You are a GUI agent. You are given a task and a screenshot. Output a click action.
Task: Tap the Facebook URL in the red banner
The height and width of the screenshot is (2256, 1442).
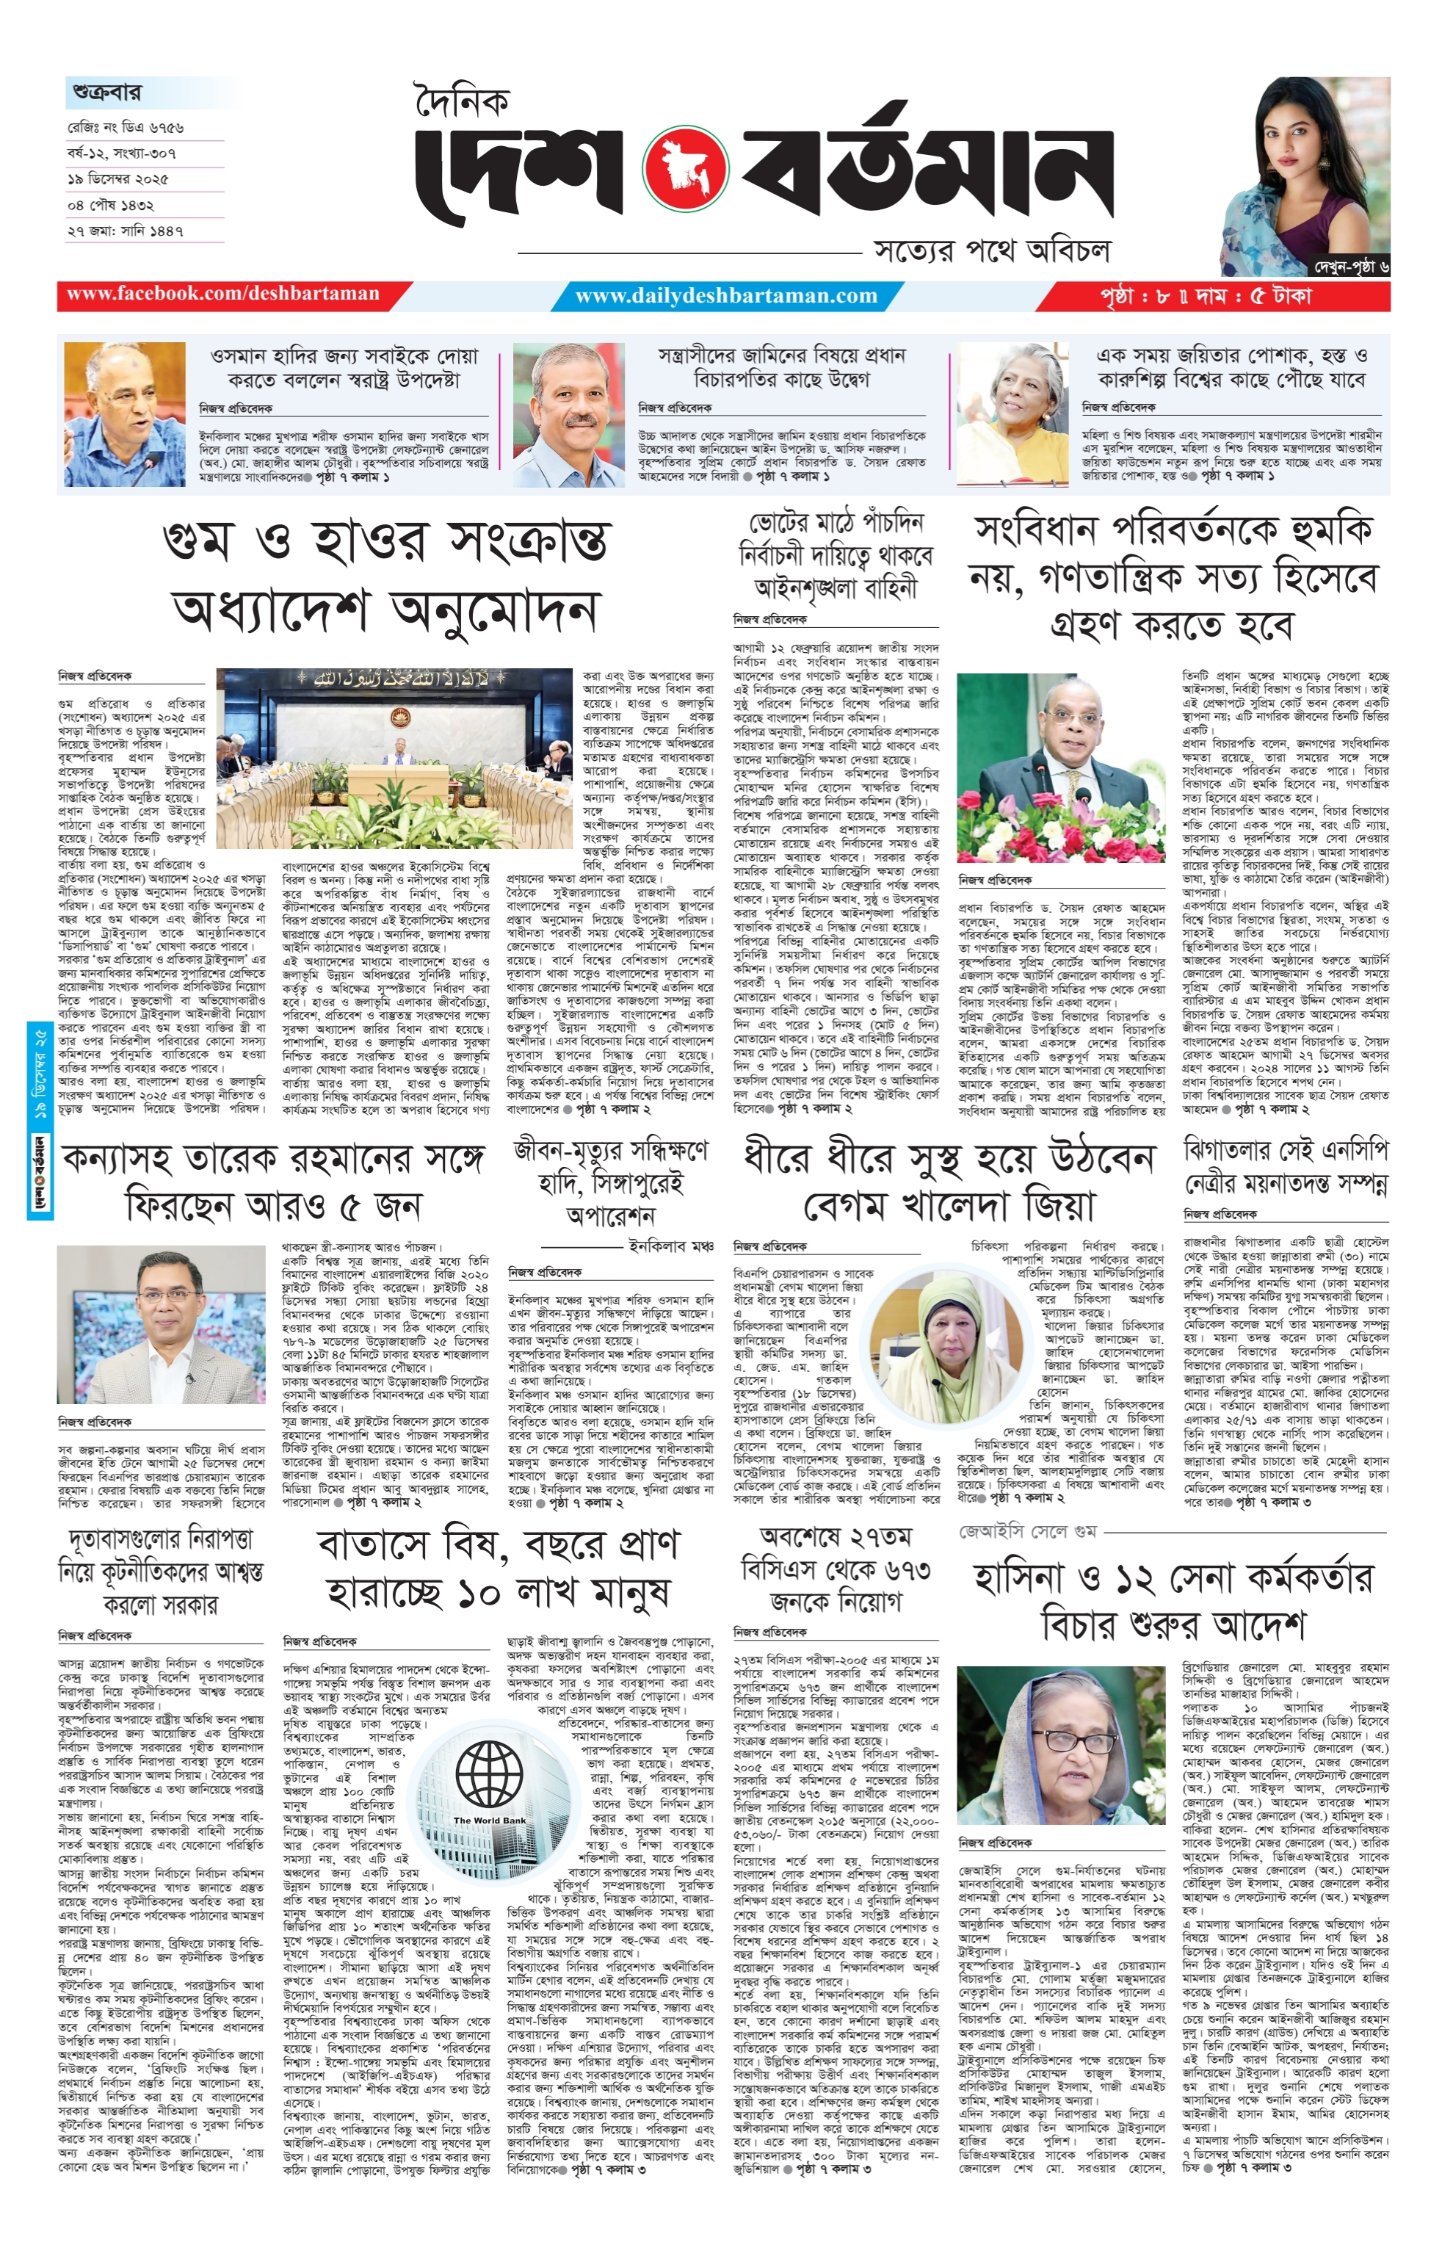click(x=223, y=294)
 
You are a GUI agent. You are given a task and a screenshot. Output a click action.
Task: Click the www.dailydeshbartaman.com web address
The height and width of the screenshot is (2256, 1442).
click(x=726, y=296)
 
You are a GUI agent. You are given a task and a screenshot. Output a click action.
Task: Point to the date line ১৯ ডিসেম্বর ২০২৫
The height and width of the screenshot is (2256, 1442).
click(x=123, y=178)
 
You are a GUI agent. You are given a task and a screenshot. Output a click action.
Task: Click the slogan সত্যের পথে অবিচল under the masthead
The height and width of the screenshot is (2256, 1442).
click(x=992, y=250)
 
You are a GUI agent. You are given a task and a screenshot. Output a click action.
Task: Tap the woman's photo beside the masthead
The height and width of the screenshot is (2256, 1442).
click(x=1303, y=169)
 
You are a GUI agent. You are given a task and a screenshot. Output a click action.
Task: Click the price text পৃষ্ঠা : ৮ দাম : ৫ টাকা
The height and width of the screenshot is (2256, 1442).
click(x=1207, y=296)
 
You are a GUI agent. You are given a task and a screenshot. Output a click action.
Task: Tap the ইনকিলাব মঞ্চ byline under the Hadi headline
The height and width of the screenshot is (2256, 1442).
click(x=672, y=1246)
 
